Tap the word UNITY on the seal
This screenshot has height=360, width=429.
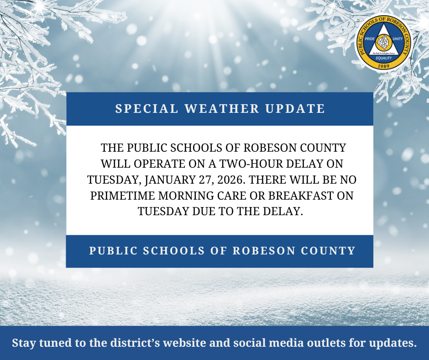(x=398, y=40)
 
